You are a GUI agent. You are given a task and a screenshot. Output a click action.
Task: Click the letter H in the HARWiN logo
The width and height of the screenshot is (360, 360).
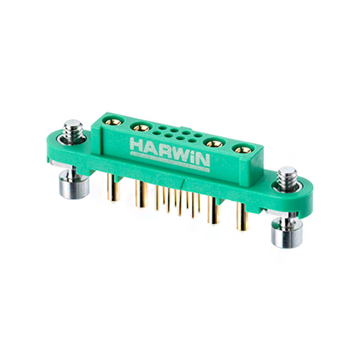[x=137, y=145]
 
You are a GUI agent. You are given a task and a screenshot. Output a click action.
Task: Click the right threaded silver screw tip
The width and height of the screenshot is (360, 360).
[x=287, y=177]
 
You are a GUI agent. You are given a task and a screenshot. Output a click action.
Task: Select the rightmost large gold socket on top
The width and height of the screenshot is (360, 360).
[x=243, y=150]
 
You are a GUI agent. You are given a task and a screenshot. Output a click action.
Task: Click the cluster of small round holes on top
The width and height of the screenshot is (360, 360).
[x=174, y=134]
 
